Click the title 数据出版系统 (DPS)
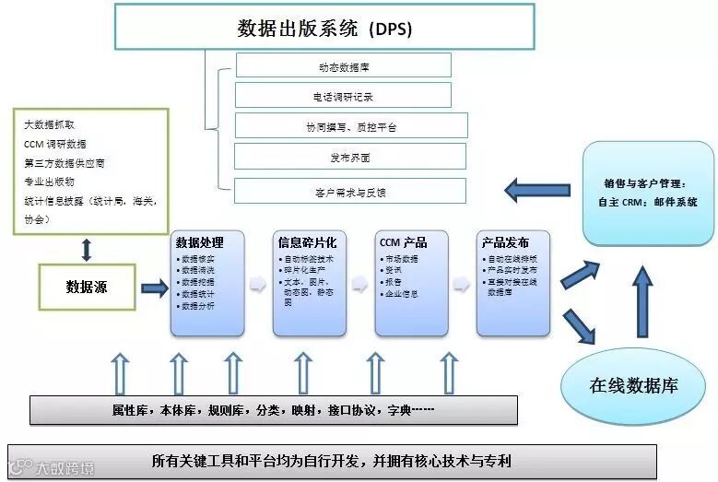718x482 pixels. click(324, 28)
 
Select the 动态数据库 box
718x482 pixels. click(343, 66)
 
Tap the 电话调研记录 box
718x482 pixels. click(343, 96)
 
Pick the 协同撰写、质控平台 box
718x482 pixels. click(351, 126)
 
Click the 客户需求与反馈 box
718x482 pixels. click(350, 192)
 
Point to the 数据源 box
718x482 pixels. click(87, 287)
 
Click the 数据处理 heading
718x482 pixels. click(199, 243)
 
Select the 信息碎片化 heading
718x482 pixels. click(300, 243)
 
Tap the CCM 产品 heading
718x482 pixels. click(403, 243)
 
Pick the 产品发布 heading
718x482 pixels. click(504, 243)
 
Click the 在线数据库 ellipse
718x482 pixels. click(633, 385)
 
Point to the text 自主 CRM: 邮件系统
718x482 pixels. click(647, 202)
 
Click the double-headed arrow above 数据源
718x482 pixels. click(87, 249)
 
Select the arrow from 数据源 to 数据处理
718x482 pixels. click(154, 288)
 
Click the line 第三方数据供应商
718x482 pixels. click(65, 163)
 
